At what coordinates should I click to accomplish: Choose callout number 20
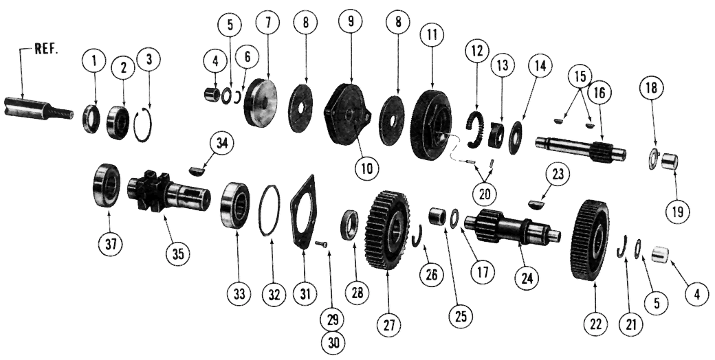485,194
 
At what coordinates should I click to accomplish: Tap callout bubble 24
529,278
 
